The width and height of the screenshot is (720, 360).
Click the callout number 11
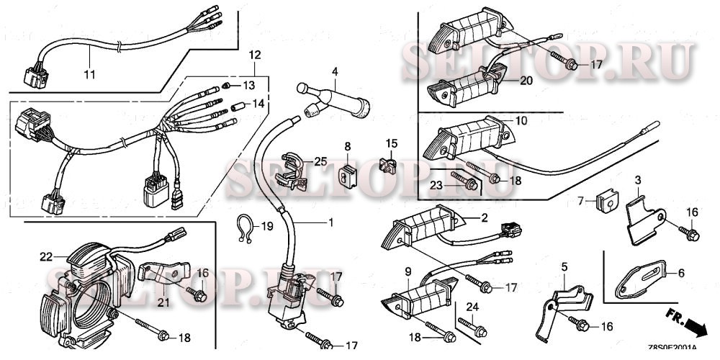click(89, 75)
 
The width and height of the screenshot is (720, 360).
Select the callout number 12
click(254, 55)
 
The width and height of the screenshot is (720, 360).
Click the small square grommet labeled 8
click(347, 173)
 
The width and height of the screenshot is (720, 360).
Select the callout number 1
click(330, 223)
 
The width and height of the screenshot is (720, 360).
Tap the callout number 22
click(46, 256)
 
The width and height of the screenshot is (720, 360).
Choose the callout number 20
click(526, 81)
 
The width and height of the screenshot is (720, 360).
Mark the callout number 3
click(637, 179)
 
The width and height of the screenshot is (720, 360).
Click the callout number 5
click(564, 267)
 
